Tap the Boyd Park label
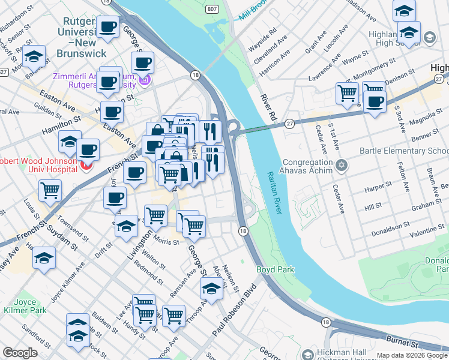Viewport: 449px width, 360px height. point(276,270)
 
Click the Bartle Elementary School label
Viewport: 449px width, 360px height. point(404,151)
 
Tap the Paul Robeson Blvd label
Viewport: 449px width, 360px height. point(234,318)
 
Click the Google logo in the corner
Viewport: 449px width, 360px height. point(20,353)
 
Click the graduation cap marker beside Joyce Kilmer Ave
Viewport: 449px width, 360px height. point(43,259)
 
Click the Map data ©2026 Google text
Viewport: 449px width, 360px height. point(412,355)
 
